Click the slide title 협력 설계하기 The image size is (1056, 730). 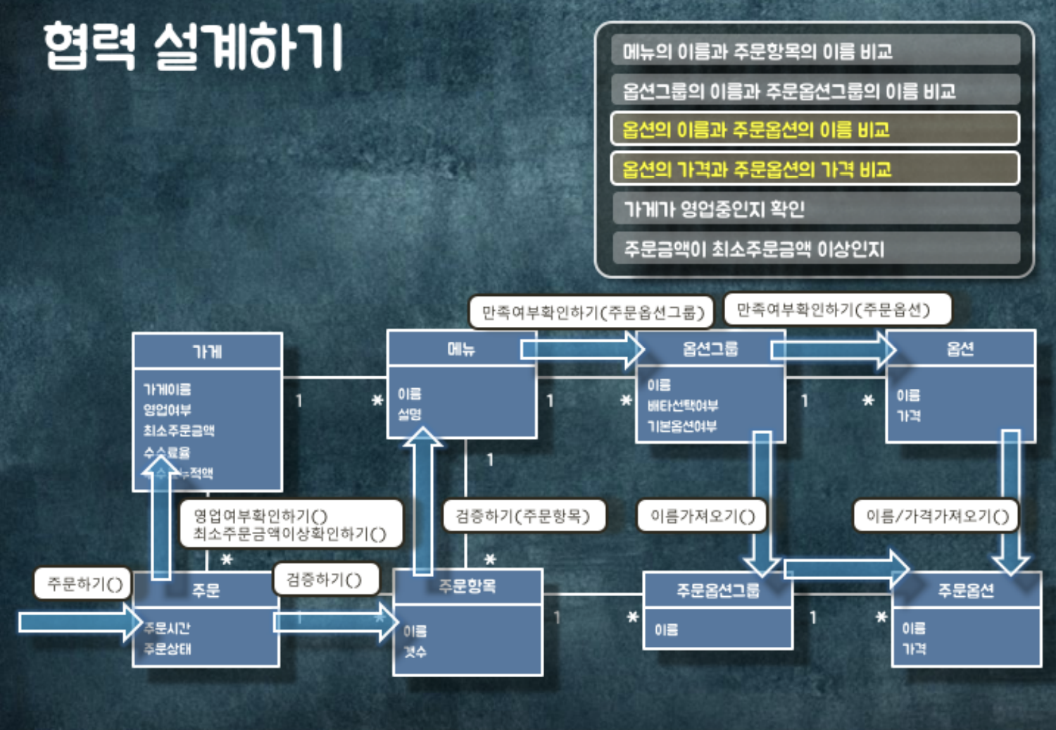[x=192, y=47]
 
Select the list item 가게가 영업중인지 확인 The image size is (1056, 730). [x=714, y=209]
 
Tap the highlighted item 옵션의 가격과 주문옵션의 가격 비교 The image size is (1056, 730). [x=757, y=169]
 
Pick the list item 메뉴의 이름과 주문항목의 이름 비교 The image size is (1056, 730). [x=757, y=51]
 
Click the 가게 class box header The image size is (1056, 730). [x=207, y=351]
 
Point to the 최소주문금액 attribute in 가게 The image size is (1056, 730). [x=179, y=431]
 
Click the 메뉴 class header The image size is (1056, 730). [x=461, y=348]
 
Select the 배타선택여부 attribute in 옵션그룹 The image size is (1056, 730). [x=682, y=405]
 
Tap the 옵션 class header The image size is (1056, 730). [x=960, y=348]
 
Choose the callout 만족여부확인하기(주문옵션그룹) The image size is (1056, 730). [x=592, y=312]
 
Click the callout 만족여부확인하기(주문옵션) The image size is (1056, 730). [x=834, y=309]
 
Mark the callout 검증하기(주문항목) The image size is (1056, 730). [x=522, y=516]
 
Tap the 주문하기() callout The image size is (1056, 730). [x=84, y=583]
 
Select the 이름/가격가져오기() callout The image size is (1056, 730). [x=936, y=516]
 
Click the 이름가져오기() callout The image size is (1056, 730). [x=702, y=516]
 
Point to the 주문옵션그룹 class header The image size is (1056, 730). [x=717, y=590]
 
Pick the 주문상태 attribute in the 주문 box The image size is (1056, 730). [x=168, y=649]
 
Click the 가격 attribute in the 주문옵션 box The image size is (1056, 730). [x=914, y=649]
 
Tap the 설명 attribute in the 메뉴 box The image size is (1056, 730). [x=410, y=414]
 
